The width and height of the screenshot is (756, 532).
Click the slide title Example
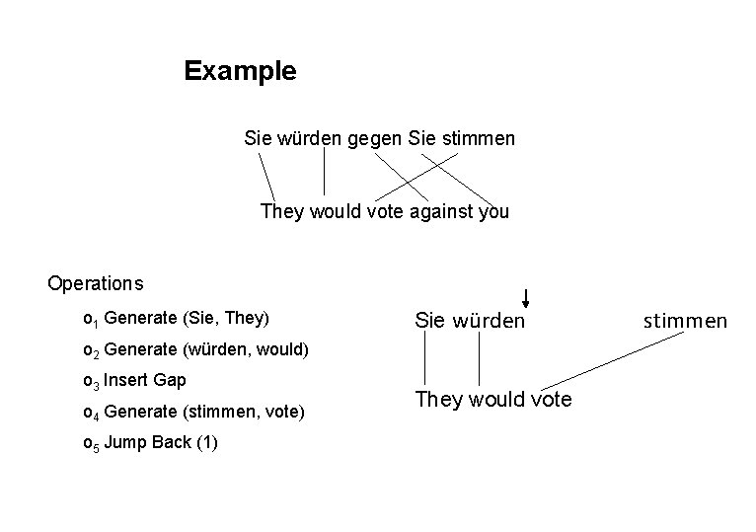tap(240, 72)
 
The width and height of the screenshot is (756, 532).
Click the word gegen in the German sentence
tap(375, 139)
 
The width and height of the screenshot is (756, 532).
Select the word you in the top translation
tap(492, 211)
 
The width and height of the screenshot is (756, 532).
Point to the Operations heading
tap(96, 284)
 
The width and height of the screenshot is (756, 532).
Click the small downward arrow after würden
tap(527, 298)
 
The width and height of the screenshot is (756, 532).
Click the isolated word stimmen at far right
tap(686, 321)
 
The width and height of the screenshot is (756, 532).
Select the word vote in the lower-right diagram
tap(550, 400)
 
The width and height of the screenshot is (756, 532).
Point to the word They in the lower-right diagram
tap(439, 400)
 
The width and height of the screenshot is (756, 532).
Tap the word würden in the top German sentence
tap(310, 139)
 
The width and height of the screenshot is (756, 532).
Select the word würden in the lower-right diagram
tap(489, 321)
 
